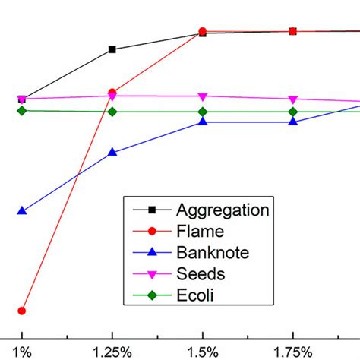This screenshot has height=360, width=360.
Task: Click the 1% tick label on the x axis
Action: pyautogui.click(x=22, y=352)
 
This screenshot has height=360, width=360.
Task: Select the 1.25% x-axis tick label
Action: pyautogui.click(x=112, y=352)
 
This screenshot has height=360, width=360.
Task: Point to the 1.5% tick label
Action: pyautogui.click(x=202, y=352)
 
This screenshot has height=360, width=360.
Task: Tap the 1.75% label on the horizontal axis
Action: pyautogui.click(x=292, y=352)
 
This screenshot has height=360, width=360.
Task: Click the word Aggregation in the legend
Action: pyautogui.click(x=223, y=210)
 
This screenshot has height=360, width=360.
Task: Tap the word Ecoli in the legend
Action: pyautogui.click(x=195, y=295)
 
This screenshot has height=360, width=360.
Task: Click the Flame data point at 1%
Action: pyautogui.click(x=22, y=311)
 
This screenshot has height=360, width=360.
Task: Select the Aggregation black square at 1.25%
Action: pyautogui.click(x=112, y=49)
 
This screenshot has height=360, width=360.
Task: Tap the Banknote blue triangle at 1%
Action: pyautogui.click(x=22, y=210)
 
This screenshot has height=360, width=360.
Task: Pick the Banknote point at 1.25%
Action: pyautogui.click(x=112, y=152)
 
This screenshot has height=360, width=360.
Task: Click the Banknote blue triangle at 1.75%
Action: pyautogui.click(x=292, y=122)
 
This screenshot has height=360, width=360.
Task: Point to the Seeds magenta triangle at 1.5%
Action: pyautogui.click(x=202, y=96)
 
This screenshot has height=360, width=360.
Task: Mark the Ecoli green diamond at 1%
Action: pyautogui.click(x=22, y=111)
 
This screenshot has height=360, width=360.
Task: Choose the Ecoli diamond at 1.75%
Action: pyautogui.click(x=292, y=112)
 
